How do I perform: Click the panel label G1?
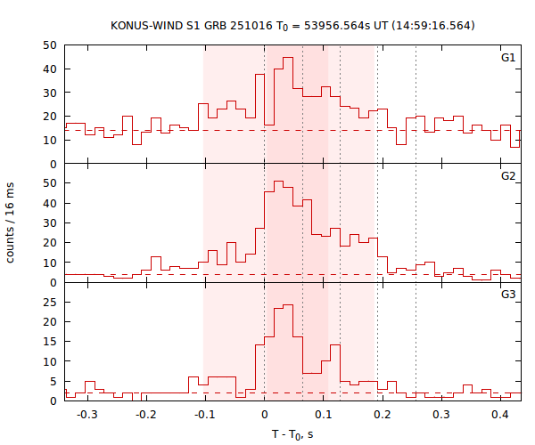[x=507, y=58]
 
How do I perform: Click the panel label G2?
[x=507, y=176]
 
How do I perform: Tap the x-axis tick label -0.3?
[x=86, y=415]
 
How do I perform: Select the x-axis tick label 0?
[x=264, y=415]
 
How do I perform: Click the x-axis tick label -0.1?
[x=204, y=415]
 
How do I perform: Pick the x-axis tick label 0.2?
[x=383, y=415]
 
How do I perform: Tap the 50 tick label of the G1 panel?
[x=50, y=44]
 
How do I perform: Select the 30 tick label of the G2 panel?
[x=50, y=222]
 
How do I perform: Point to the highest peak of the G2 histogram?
[x=278, y=182]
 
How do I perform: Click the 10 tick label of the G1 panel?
[x=50, y=140]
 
